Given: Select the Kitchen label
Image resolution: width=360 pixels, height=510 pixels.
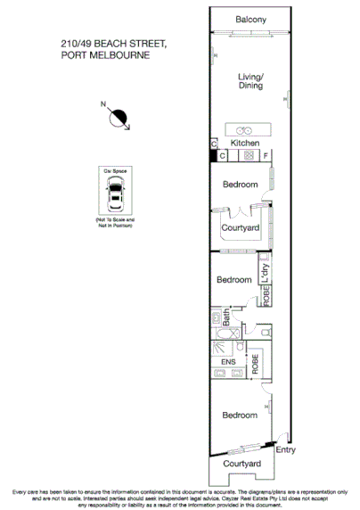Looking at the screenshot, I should coord(245,143).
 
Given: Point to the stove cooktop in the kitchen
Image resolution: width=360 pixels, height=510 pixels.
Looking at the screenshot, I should coord(250,156).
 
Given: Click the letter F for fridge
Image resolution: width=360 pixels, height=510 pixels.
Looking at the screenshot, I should coord(266,156).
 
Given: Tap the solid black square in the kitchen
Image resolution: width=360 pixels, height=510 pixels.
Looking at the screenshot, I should coord(213,156).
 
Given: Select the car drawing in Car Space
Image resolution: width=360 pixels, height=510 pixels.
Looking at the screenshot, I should coord(115,192).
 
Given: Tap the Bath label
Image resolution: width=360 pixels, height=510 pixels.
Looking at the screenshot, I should coord(228,317).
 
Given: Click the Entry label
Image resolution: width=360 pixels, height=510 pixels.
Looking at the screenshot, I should coord(284,450).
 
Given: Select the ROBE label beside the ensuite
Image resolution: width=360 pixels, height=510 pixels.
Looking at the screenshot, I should coord(255,364).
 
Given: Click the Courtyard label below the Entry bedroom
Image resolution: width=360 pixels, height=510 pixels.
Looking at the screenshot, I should coord(241,465).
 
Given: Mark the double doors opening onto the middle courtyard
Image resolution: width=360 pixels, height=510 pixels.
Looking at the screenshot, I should coord(240,212).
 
